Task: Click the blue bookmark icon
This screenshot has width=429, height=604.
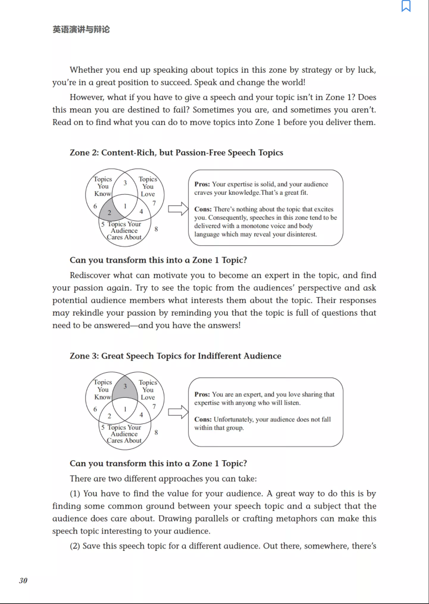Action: pyautogui.click(x=406, y=6)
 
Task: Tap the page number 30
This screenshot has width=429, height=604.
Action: pyautogui.click(x=23, y=580)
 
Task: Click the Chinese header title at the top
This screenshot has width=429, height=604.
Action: pyautogui.click(x=81, y=29)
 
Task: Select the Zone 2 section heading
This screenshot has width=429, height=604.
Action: pyautogui.click(x=176, y=153)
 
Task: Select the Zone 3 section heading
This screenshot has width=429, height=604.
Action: pyautogui.click(x=175, y=356)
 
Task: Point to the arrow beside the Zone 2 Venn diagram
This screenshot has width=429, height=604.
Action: pyautogui.click(x=178, y=209)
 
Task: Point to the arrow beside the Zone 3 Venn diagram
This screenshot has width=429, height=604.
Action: pyautogui.click(x=178, y=412)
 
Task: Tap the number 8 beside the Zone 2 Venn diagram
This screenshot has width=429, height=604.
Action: pyautogui.click(x=156, y=229)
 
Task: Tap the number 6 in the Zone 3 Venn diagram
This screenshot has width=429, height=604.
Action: pyautogui.click(x=95, y=409)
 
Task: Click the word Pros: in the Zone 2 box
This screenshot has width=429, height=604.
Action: pyautogui.click(x=202, y=184)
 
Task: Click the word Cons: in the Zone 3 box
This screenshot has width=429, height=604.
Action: pyautogui.click(x=203, y=419)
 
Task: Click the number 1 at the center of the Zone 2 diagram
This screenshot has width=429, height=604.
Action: pyautogui.click(x=125, y=206)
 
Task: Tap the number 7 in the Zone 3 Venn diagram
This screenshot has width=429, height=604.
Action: pyautogui.click(x=154, y=406)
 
